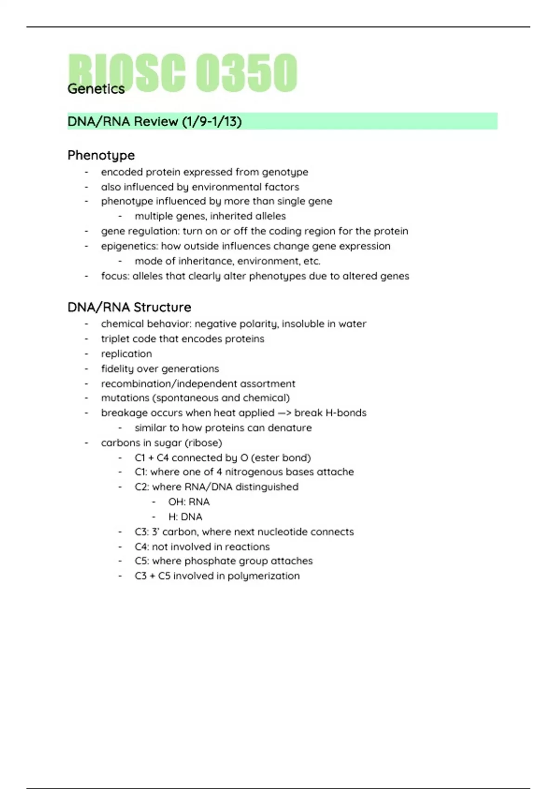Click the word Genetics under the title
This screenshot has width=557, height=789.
click(96, 89)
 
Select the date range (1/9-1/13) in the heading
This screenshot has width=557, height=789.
click(212, 122)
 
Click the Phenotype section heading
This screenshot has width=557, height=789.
click(101, 155)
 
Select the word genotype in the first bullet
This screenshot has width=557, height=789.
click(285, 172)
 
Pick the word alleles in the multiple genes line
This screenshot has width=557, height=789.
click(269, 216)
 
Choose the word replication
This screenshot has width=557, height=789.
click(126, 354)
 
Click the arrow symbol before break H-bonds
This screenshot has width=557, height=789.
click(284, 413)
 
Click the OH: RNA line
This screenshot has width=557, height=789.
click(189, 502)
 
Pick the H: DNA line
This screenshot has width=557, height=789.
click(185, 517)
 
